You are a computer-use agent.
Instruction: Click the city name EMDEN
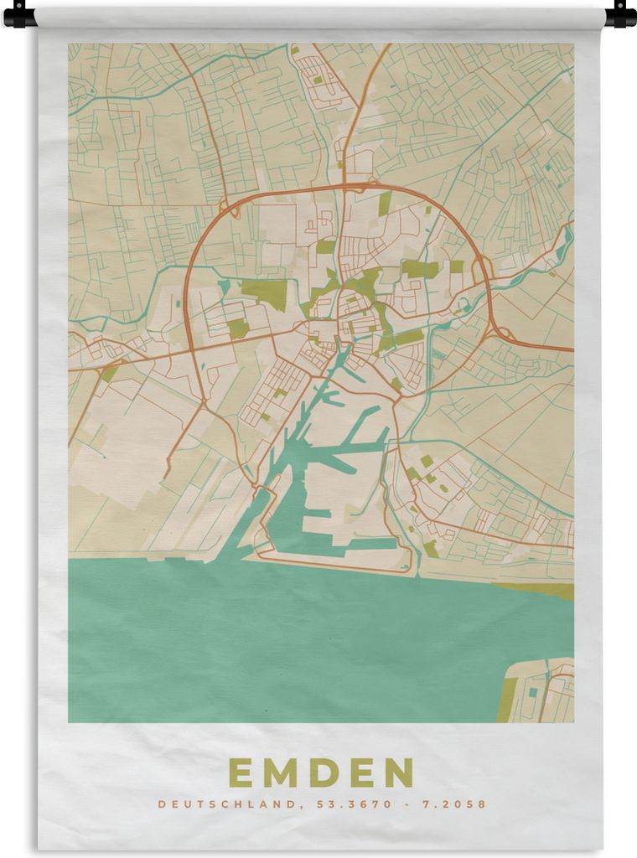321,773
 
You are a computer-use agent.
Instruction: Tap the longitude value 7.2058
453,804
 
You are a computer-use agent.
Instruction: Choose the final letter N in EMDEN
399,773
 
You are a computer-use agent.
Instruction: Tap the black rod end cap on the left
18,14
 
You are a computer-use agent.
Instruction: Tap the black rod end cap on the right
620,14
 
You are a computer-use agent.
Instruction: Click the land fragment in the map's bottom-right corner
541,691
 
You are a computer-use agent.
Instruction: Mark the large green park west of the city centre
266,292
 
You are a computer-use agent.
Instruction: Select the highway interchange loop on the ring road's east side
483,270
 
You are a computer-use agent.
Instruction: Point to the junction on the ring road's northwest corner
227,208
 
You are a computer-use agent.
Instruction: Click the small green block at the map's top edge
318,80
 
